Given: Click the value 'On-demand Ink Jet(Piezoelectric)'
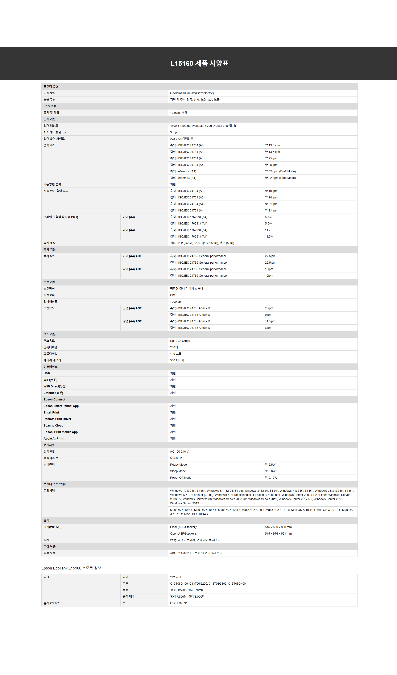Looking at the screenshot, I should coord(192,93).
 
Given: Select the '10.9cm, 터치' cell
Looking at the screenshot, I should coord(178,113).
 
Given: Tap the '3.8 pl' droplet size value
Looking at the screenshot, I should coord(174,132).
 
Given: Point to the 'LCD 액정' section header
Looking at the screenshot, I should coord(50,106).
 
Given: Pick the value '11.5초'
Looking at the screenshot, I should coord(269,236).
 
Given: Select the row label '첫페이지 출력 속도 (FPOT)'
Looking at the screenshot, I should coord(61,217).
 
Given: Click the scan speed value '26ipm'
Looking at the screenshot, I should coord(269,308).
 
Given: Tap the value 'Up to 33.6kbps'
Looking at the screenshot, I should coord(180,341).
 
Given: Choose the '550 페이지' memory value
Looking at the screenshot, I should coord(177,360).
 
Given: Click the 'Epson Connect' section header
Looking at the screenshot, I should coord(54,399).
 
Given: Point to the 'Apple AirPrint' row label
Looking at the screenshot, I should coord(54,439).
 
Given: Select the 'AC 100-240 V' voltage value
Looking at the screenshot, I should coord(179,452).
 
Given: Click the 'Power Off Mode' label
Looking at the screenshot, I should coord(181,478).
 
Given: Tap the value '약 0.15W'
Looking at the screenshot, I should coord(271,478).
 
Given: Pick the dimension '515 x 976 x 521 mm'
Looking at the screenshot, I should coord(278,534).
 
